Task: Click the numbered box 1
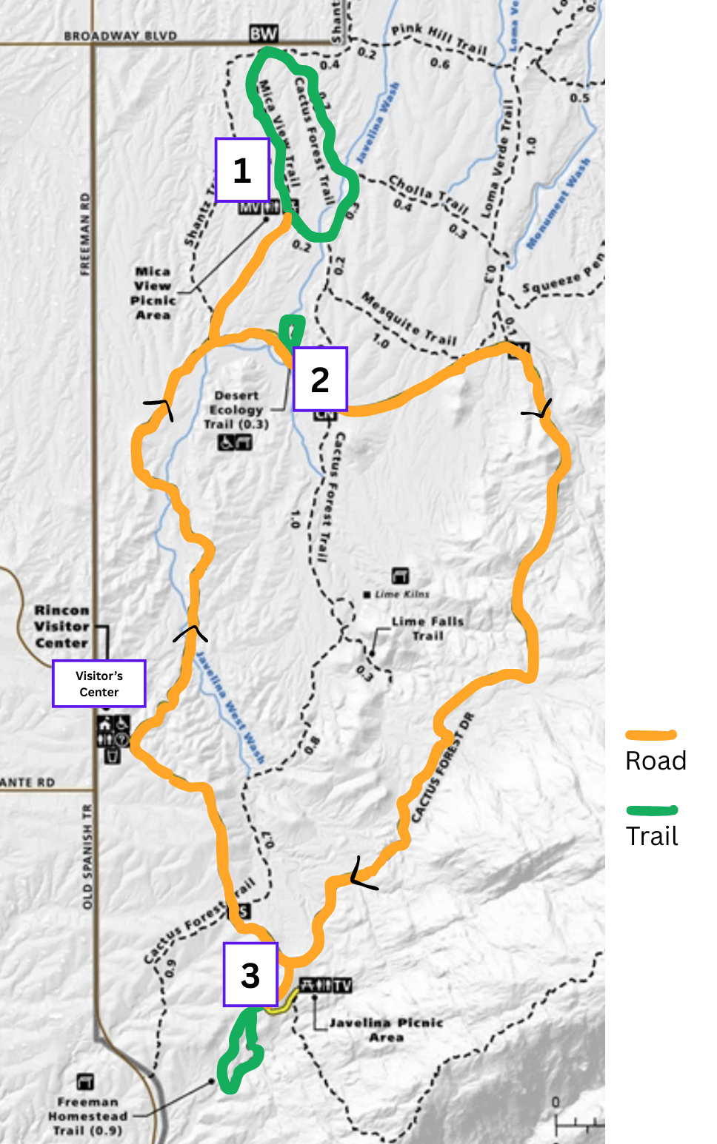pos(241,169)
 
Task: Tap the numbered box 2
pos(320,379)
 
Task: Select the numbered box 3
pos(250,975)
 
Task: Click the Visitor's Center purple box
pos(99,684)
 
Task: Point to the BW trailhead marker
pos(263,33)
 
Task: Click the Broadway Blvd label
pos(120,36)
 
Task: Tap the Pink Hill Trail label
pos(438,38)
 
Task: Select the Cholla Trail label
pos(428,194)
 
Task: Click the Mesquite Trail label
pos(409,318)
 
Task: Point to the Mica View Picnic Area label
pos(153,293)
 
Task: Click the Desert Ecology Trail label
pos(236,410)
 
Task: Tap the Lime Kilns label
pos(401,594)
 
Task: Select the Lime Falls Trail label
pos(427,628)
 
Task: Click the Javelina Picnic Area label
pos(385,1029)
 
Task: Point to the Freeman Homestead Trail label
pos(87,1116)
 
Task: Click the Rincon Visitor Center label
pos(61,627)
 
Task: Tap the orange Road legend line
pos(651,735)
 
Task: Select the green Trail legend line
pos(651,810)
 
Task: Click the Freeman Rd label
pos(85,234)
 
